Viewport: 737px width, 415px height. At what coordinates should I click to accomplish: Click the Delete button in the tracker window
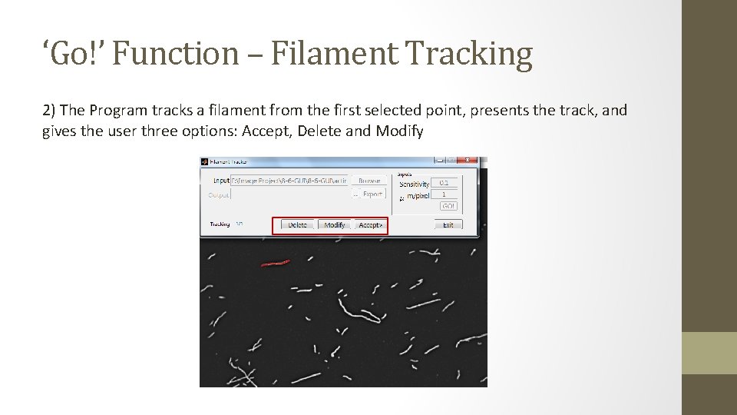tap(297, 225)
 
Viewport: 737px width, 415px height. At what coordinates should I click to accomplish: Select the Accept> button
tap(370, 225)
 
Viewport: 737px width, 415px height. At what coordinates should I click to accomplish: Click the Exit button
tap(448, 225)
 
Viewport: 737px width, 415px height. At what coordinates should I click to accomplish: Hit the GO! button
tap(448, 206)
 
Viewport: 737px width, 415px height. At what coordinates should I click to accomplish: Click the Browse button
tap(369, 181)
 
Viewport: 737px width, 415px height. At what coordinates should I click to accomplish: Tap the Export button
tap(372, 194)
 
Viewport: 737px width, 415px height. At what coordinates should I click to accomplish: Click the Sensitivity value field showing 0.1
tap(445, 183)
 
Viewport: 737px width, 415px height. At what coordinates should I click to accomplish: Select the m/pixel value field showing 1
tap(445, 194)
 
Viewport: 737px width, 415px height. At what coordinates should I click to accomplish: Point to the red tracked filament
tap(275, 264)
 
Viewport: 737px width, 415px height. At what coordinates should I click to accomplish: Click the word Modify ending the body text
tap(399, 131)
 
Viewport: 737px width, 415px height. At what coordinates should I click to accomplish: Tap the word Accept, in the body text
tap(267, 131)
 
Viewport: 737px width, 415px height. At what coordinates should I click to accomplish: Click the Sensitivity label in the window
tap(415, 184)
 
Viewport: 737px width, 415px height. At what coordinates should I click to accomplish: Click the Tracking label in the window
tap(220, 224)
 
